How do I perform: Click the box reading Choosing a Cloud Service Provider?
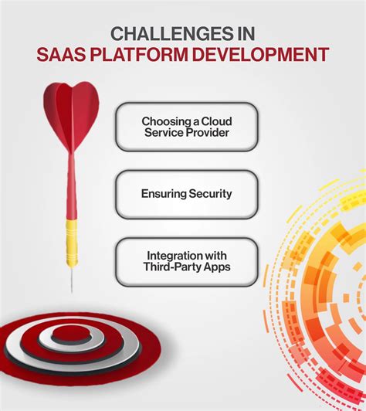coord(186,127)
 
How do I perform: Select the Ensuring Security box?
coord(186,194)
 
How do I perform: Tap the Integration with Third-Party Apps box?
coord(186,261)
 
